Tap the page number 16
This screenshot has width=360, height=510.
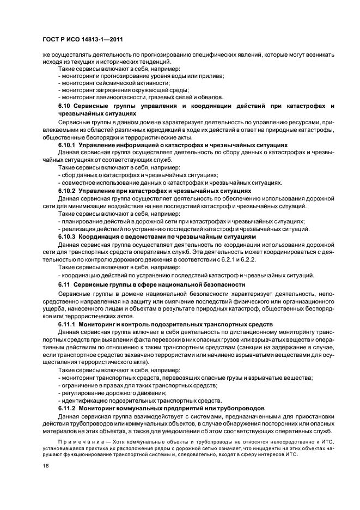point(45,466)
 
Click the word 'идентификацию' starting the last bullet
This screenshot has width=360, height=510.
point(84,400)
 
